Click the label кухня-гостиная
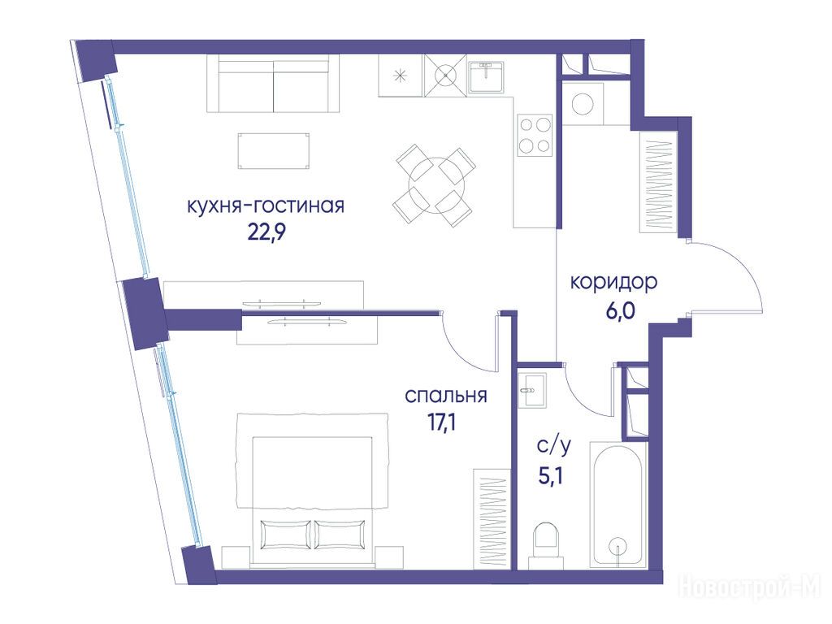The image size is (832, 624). [266, 206]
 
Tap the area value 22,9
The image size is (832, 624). [266, 232]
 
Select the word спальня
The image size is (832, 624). [446, 396]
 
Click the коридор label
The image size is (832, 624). [614, 282]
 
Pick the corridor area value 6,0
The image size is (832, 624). [620, 310]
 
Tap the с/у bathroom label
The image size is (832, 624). [554, 446]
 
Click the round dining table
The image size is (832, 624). [436, 185]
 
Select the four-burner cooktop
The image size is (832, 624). [535, 135]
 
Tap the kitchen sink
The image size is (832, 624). [487, 76]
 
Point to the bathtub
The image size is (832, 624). [618, 505]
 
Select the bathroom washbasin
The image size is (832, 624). [531, 390]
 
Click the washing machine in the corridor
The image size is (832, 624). [583, 103]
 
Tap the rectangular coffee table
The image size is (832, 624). [274, 151]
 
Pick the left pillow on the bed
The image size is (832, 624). [285, 534]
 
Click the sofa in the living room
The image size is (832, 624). [273, 84]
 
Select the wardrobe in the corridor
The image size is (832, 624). [658, 182]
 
